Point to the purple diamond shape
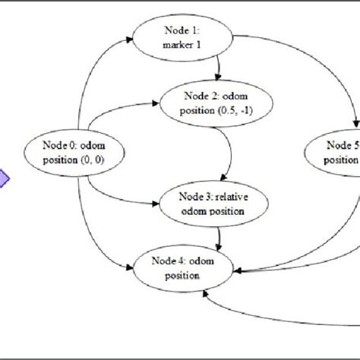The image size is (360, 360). [3, 179]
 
